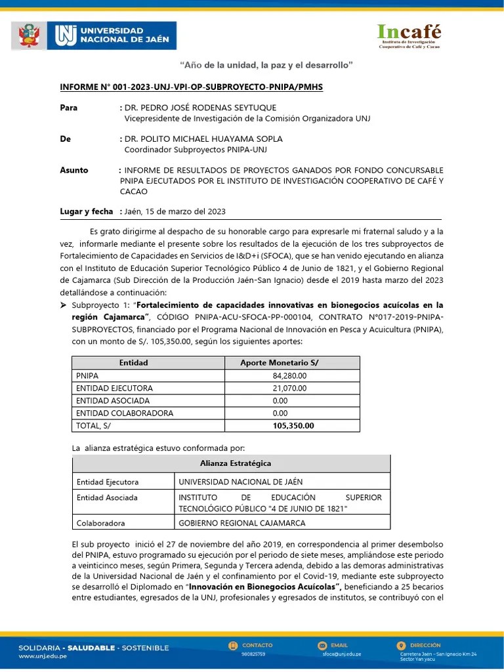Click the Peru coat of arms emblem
pos(29,36)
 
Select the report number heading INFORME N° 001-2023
pos(191,87)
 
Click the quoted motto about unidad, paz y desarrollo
pos(266,64)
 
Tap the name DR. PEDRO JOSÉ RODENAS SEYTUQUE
pos(200,108)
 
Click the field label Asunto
pos(74,170)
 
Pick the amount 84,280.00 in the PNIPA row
pos(289,375)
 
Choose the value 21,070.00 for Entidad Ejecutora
pos(289,388)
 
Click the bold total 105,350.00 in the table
pos(293,425)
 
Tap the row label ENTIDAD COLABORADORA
pos(125,413)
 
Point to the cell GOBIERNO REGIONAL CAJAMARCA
pos(241,523)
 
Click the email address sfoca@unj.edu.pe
pos(341,654)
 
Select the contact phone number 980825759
pos(254,654)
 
